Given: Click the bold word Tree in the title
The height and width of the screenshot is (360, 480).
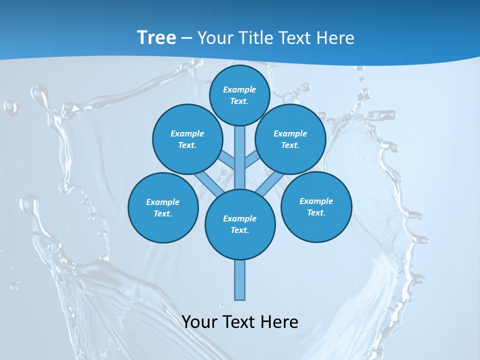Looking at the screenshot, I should click(156, 37).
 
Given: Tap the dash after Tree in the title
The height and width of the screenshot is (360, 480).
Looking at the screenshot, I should click(186, 38).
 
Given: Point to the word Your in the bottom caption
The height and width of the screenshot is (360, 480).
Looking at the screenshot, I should click(199, 322).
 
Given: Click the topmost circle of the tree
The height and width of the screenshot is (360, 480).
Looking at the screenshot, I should click(239, 95).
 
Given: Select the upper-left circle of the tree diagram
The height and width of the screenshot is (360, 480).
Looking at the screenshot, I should click(187, 139).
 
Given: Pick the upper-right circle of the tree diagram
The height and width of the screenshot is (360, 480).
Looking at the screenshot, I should click(290, 139).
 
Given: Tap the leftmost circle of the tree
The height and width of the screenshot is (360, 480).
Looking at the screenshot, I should click(163, 207).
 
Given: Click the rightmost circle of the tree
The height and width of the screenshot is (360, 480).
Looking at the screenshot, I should click(316, 206).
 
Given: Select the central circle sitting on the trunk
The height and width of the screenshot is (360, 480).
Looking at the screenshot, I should click(240, 224).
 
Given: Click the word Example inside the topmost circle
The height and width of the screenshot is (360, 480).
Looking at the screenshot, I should click(239, 89).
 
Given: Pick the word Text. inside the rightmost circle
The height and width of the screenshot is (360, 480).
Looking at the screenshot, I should click(316, 212).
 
